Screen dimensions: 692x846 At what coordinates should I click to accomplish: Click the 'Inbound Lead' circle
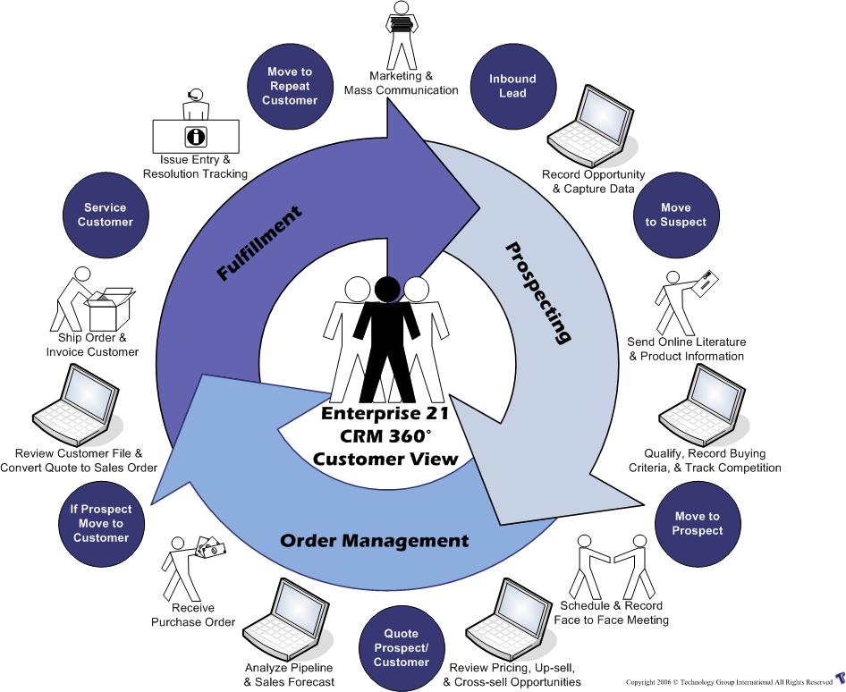click(512, 86)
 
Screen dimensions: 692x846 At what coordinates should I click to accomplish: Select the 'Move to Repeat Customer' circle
click(290, 86)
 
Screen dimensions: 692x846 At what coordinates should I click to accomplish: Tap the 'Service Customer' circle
click(105, 215)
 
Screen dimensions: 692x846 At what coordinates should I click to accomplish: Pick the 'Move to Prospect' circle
click(698, 523)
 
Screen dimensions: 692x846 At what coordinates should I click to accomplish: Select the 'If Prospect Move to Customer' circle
click(101, 523)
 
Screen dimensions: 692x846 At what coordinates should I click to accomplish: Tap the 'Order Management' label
click(374, 541)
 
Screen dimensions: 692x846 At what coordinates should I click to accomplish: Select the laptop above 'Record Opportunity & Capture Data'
click(588, 122)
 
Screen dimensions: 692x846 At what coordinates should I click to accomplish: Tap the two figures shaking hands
click(613, 563)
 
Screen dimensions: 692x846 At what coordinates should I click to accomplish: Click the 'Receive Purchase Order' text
click(192, 615)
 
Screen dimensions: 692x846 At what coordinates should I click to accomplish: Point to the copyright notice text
click(729, 682)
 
